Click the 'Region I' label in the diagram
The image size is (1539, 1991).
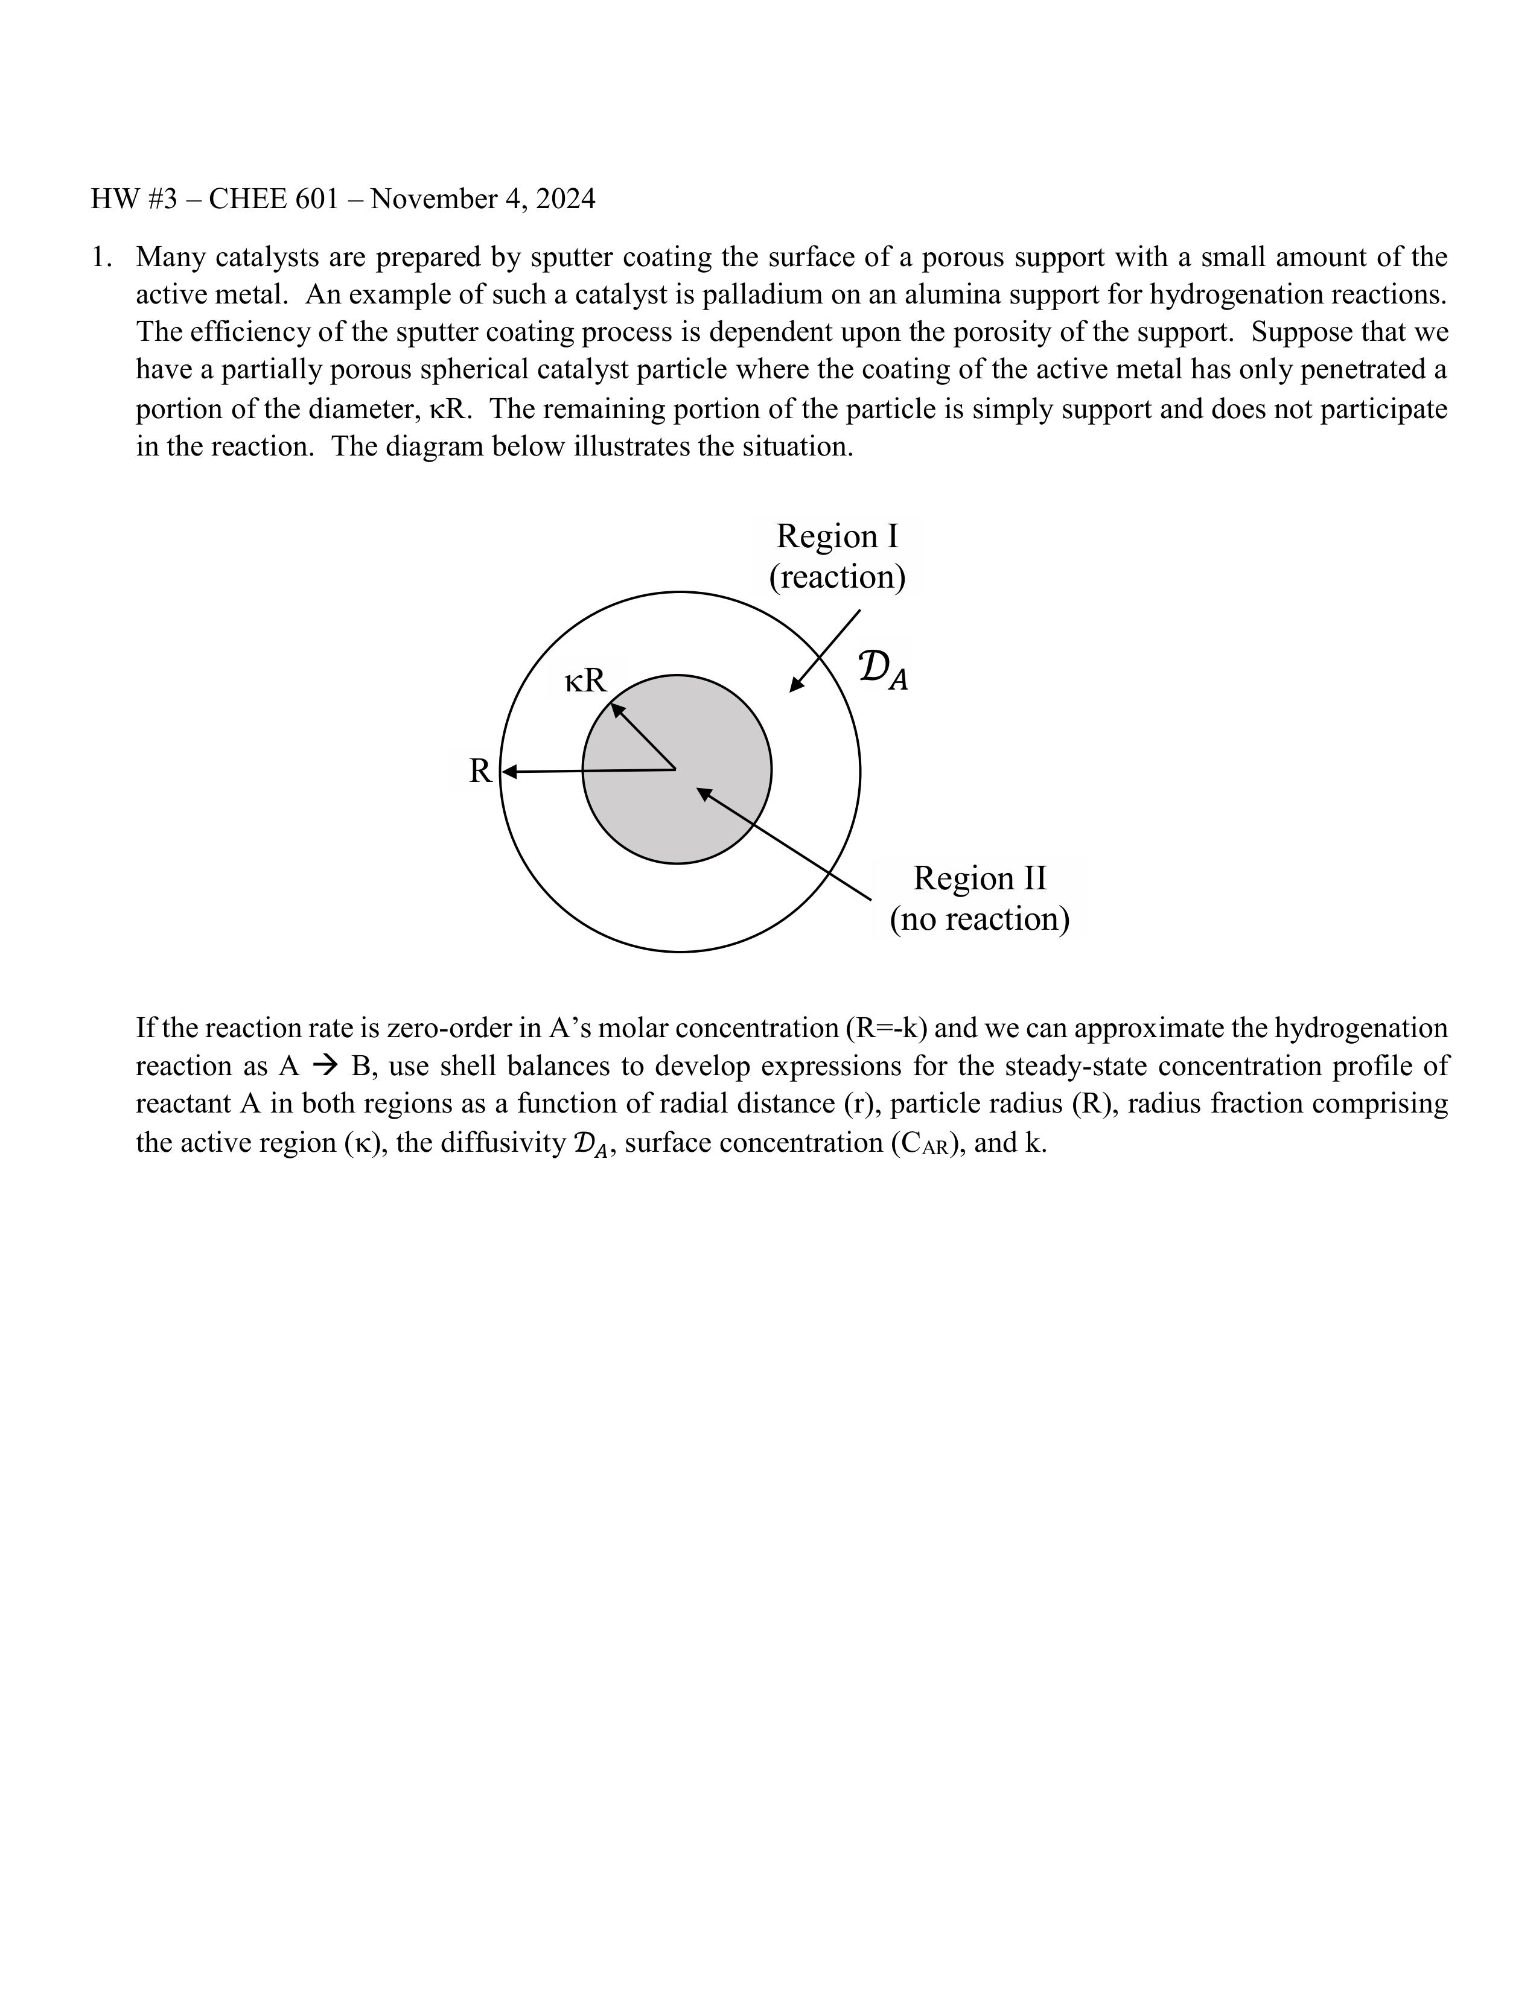tap(837, 536)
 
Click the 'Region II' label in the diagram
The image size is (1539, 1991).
tap(980, 878)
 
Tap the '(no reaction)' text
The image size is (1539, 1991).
tap(980, 919)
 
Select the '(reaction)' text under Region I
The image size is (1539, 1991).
tap(837, 577)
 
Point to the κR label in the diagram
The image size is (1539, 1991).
tap(585, 680)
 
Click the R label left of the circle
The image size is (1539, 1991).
tap(480, 771)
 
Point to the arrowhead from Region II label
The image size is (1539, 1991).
tap(704, 794)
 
